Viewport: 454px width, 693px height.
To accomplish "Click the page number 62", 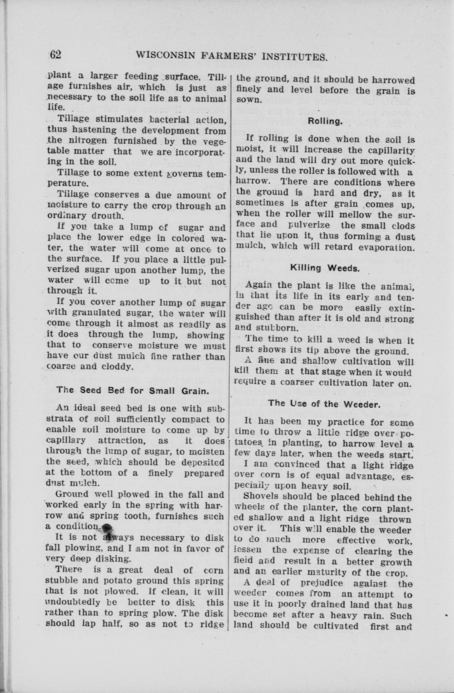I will [55, 55].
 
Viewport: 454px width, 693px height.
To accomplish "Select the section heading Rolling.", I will [325, 121].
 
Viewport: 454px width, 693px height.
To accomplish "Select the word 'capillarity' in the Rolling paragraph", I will [387, 151].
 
